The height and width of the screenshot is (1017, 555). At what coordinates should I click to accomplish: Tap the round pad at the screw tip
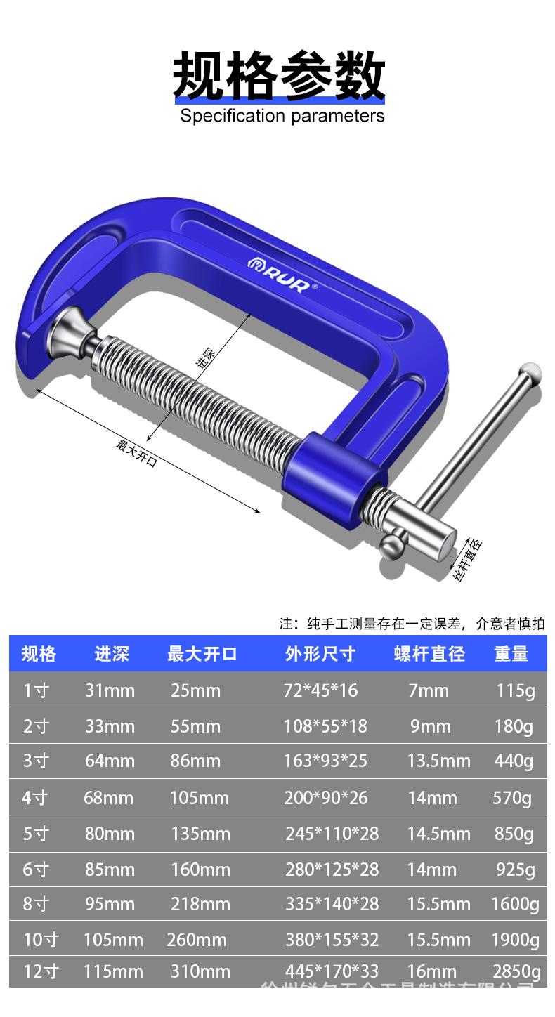(x=69, y=329)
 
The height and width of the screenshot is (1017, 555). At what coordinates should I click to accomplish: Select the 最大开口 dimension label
(x=136, y=454)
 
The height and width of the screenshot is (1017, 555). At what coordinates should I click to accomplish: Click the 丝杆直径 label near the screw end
(x=468, y=560)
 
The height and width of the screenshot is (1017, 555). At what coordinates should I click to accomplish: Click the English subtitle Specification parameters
(x=282, y=116)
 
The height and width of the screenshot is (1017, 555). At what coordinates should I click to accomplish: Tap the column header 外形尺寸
(x=320, y=654)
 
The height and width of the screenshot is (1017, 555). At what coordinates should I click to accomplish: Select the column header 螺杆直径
(x=429, y=654)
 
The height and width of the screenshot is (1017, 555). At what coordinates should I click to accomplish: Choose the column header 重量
(x=511, y=654)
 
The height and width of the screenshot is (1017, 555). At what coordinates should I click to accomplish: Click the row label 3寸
(x=37, y=761)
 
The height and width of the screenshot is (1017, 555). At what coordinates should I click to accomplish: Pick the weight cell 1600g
(x=515, y=904)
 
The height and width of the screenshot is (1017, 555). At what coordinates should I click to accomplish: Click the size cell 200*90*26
(x=326, y=798)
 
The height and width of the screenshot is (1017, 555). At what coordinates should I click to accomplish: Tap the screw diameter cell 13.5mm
(x=438, y=761)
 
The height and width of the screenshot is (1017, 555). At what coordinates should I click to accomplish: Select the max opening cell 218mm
(x=200, y=904)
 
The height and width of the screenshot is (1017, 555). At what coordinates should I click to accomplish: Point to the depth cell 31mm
(x=110, y=690)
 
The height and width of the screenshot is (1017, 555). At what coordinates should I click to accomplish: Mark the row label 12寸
(x=41, y=971)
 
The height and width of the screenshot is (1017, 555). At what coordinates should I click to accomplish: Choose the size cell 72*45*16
(x=320, y=690)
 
